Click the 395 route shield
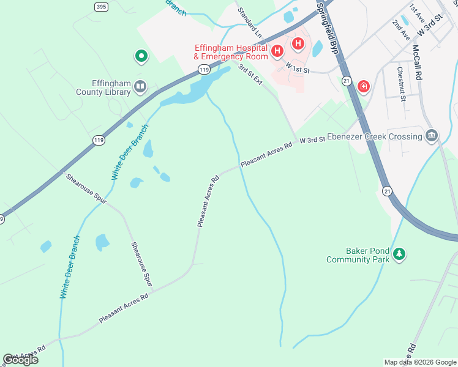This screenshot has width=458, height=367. (102, 6)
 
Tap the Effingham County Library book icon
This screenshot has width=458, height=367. (141, 86)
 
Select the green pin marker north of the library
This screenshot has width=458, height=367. (141, 57)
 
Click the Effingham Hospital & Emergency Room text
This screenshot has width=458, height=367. (231, 52)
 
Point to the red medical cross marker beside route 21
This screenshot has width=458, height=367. (364, 87)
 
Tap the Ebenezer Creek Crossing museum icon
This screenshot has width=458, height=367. (432, 136)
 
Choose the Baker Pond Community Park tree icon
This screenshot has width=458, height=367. (399, 253)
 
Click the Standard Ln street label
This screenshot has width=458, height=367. (250, 22)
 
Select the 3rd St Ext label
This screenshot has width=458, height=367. (250, 75)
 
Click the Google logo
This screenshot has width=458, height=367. (20, 360)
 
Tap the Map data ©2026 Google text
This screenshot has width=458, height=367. (420, 362)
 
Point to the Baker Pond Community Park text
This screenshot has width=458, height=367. (358, 255)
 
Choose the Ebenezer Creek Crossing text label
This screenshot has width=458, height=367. (375, 136)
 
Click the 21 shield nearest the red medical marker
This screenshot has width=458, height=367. (347, 80)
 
